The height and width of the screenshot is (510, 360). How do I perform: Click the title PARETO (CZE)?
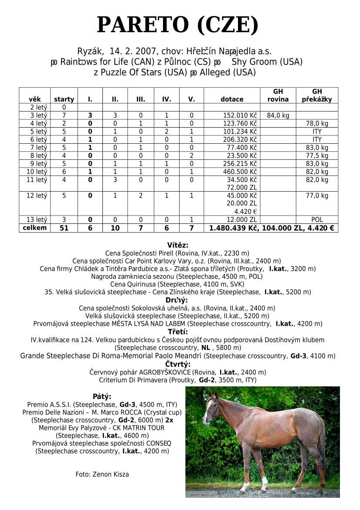pyautogui.click(x=178, y=25)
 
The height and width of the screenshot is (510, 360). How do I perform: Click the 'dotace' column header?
pyautogui.click(x=232, y=99)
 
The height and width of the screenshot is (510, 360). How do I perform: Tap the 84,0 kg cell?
pyautogui.click(x=278, y=115)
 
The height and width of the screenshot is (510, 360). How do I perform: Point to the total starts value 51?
pyautogui.click(x=64, y=228)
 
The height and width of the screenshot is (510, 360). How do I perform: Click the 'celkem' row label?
pyautogui.click(x=35, y=228)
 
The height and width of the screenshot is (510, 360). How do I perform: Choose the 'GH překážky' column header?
pyautogui.click(x=317, y=95)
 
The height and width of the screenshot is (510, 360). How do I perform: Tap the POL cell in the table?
pyautogui.click(x=317, y=220)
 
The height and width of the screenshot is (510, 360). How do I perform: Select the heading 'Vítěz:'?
pyautogui.click(x=178, y=245)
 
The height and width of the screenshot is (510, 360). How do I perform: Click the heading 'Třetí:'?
pyautogui.click(x=178, y=332)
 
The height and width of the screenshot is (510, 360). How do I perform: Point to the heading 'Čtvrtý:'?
pyautogui.click(x=178, y=364)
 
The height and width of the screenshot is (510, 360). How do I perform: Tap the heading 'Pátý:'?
pyautogui.click(x=102, y=396)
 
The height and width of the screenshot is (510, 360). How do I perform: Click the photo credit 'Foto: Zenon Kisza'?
pyautogui.click(x=102, y=474)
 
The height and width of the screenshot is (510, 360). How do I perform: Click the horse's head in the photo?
pyautogui.click(x=211, y=407)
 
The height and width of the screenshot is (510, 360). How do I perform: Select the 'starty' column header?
pyautogui.click(x=64, y=99)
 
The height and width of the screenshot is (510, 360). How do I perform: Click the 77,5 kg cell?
pyautogui.click(x=317, y=155)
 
